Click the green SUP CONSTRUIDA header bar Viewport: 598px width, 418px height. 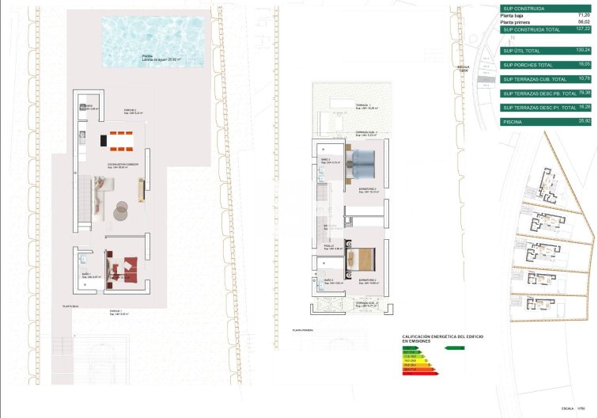pyautogui.click(x=546, y=9)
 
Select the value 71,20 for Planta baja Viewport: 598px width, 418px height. pyautogui.click(x=583, y=16)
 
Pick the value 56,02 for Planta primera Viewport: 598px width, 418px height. pyautogui.click(x=583, y=22)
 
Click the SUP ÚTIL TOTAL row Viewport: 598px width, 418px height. pyautogui.click(x=546, y=50)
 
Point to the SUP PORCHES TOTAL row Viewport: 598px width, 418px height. pyautogui.click(x=546, y=64)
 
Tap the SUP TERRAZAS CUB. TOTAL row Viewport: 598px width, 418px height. pyautogui.click(x=546, y=79)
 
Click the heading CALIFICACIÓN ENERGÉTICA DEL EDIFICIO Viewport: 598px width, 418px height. pyautogui.click(x=443, y=337)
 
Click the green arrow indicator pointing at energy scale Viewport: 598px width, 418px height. pyautogui.click(x=454, y=348)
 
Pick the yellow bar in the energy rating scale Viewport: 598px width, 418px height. pyautogui.click(x=412, y=359)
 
